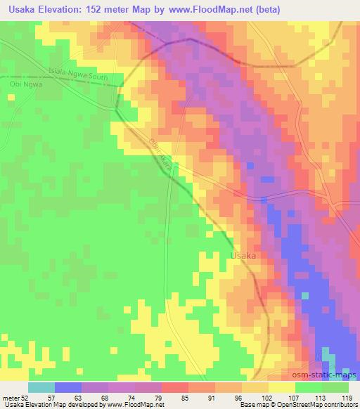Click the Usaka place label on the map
click(243, 257)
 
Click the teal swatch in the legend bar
click(41, 387)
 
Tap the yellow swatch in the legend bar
click(281, 387)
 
